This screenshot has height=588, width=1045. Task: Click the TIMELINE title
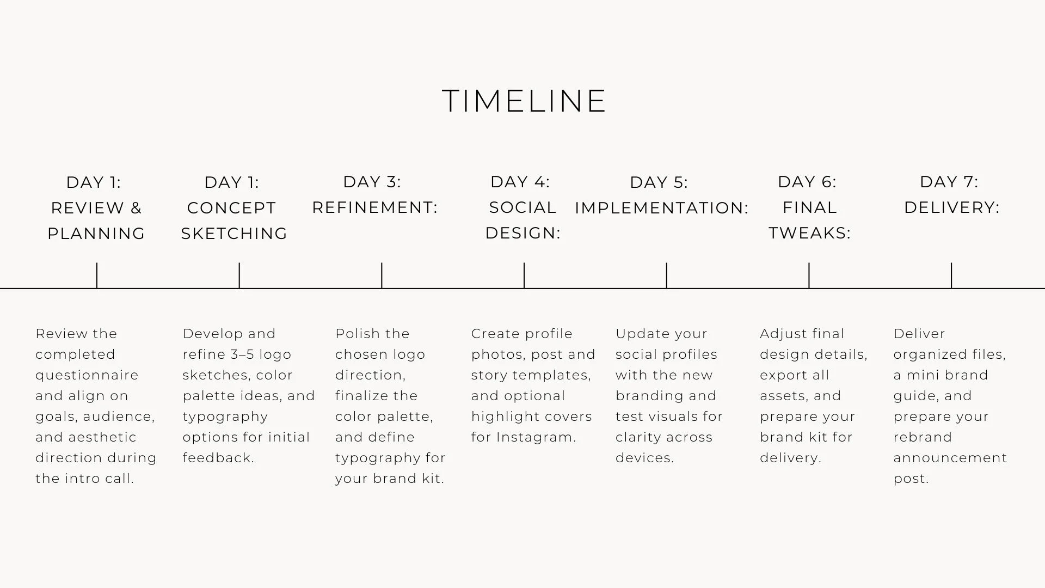[x=524, y=101]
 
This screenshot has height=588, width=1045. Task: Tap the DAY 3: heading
[x=372, y=182]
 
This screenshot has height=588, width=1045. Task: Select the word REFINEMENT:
[x=374, y=207]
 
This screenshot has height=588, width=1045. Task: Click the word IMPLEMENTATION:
[x=661, y=208]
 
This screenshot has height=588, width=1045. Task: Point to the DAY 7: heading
[x=949, y=182]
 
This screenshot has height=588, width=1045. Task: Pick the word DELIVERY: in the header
[x=951, y=207]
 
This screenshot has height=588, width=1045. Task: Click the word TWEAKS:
[x=809, y=233]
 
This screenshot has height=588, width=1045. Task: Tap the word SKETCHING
[x=234, y=234]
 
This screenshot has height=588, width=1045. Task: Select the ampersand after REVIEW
[x=136, y=208]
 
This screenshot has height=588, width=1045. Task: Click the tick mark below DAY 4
[x=524, y=275]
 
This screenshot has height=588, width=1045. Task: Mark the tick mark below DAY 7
[x=951, y=275]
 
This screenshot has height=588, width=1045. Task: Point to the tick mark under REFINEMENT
[x=382, y=275]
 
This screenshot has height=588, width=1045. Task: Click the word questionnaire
[x=87, y=376]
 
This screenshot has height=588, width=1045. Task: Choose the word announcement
[x=950, y=458]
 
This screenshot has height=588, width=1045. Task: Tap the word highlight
[x=505, y=417]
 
